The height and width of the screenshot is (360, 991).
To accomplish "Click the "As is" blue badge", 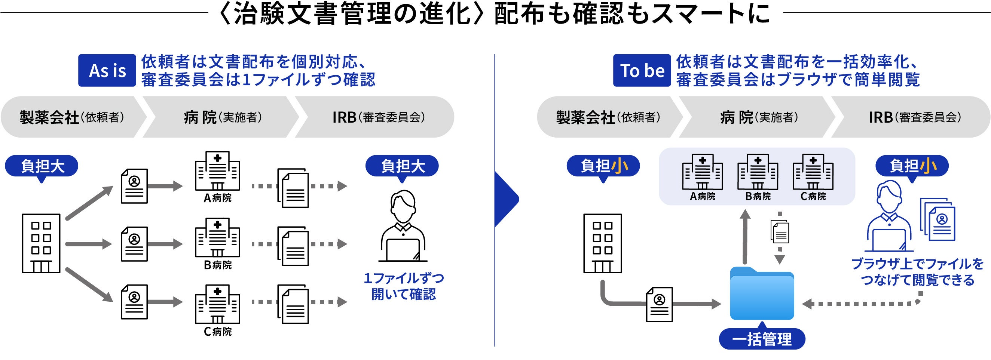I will point(107,70).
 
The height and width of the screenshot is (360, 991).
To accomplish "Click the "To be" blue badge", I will point(642,70).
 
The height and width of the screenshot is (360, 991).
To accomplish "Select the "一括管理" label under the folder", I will point(762,339).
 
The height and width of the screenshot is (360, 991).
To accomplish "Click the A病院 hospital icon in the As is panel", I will point(217,171).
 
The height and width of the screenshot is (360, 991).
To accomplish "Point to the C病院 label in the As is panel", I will point(218,332).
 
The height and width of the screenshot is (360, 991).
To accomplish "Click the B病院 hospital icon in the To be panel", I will point(758,172).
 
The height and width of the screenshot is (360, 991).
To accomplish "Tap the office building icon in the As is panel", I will point(41,243).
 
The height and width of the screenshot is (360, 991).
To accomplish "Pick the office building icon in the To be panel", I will point(602,243).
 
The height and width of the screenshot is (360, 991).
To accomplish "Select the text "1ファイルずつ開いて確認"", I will point(404,286).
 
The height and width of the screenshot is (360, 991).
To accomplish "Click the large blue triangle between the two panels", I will point(506,199).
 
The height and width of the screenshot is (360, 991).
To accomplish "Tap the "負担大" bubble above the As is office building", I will point(42,166).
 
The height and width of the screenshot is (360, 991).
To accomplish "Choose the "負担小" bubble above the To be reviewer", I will point(912,166).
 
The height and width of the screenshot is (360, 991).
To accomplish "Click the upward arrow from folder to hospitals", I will point(745,237).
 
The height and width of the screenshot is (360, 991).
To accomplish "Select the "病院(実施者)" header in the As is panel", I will point(222,117).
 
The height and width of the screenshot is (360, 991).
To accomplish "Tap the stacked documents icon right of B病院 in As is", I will point(293,246).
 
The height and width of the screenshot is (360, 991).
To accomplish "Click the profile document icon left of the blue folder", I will point(660,304).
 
